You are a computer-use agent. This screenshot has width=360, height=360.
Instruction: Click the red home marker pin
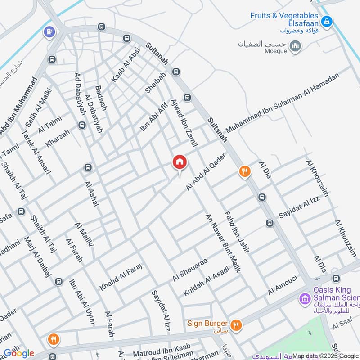(x=179, y=162)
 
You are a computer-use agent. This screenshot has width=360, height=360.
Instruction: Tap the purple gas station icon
(x=48, y=32)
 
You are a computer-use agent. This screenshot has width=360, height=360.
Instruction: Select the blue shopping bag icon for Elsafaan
(x=328, y=20)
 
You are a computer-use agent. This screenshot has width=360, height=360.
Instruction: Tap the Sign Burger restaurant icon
(x=235, y=324)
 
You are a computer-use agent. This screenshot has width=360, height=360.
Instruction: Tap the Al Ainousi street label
(x=283, y=285)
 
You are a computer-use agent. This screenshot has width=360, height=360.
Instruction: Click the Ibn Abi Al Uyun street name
(x=82, y=302)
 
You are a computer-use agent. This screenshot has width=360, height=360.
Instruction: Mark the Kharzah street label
(x=58, y=139)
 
